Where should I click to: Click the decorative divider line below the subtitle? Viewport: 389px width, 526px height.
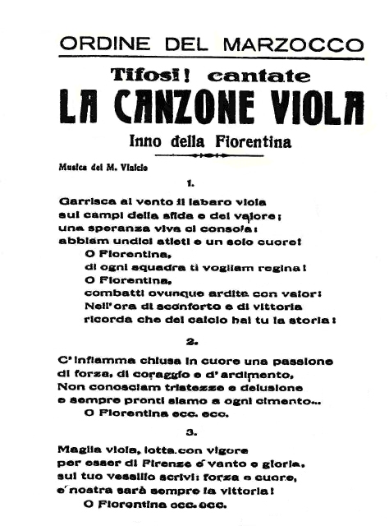coord(195,155)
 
